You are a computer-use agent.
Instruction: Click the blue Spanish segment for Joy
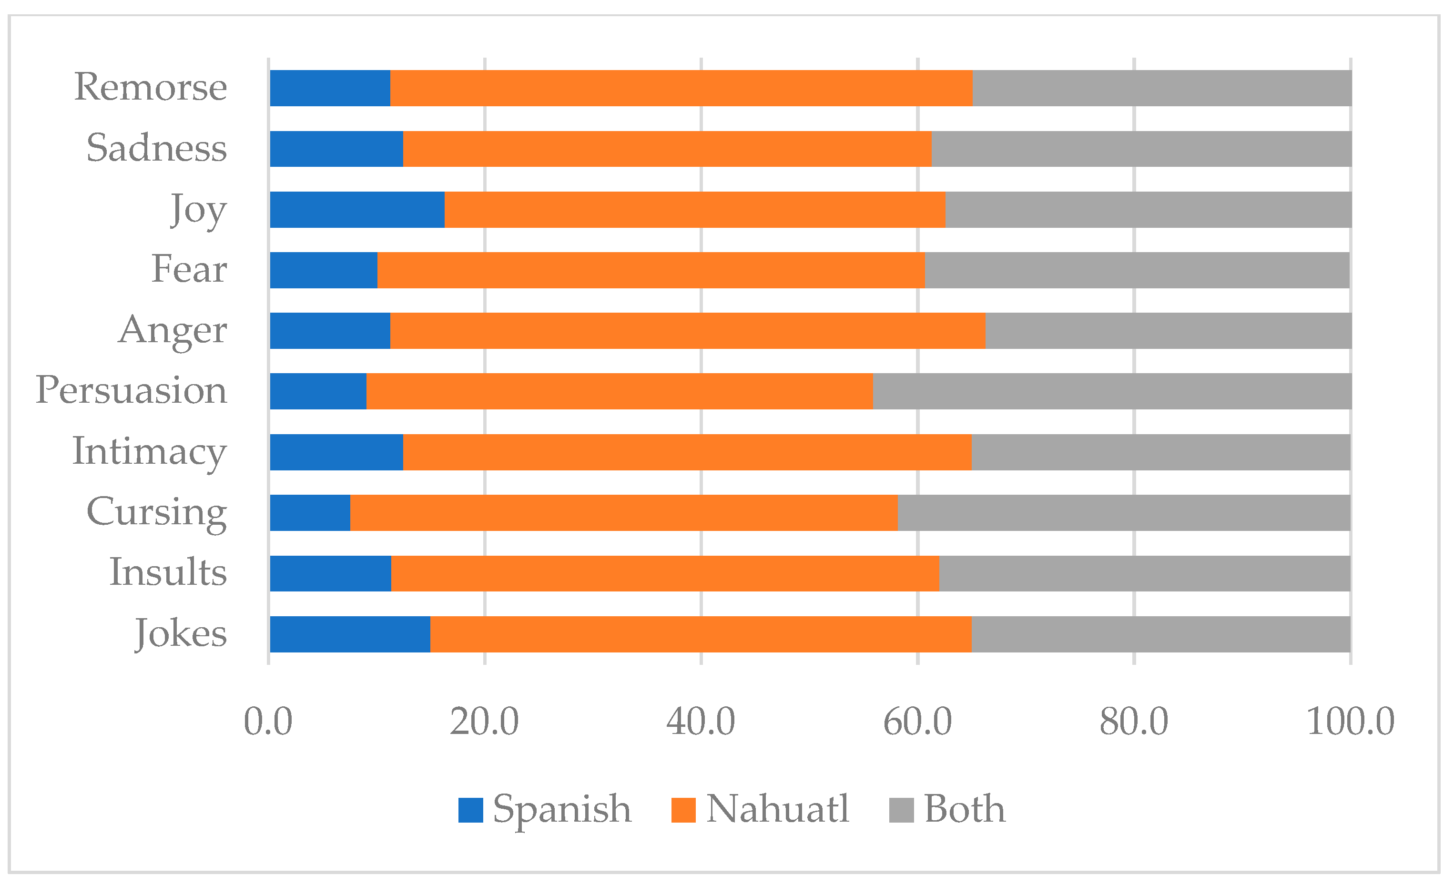357,210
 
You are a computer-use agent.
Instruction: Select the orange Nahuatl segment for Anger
688,331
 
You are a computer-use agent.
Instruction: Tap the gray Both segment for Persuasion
1112,391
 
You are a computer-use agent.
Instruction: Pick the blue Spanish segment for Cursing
310,512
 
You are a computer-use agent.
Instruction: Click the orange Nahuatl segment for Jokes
701,634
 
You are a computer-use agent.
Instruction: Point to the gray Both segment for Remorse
1161,88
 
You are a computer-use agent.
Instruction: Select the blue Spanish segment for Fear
324,270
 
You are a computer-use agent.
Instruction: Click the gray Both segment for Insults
1144,573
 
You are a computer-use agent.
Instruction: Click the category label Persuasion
131,390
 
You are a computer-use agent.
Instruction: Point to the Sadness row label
156,148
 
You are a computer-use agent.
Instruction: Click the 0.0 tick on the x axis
268,721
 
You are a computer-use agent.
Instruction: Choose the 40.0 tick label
701,721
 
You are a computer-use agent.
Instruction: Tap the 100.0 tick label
1350,721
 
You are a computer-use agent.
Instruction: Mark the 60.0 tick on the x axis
917,721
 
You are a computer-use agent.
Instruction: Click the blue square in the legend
470,810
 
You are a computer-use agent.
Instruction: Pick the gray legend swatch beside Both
901,810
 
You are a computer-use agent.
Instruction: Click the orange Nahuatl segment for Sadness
667,149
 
